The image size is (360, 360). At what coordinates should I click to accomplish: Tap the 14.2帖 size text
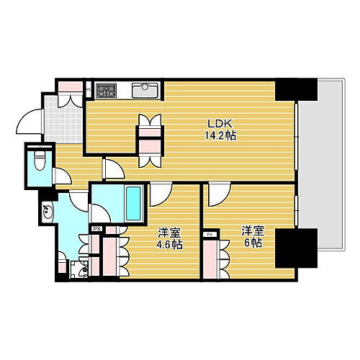click(x=220, y=135)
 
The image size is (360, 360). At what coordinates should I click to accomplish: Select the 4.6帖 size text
click(x=170, y=245)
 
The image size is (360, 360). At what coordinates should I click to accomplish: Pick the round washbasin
click(x=48, y=212)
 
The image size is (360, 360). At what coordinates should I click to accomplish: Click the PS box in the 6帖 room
click(x=210, y=235)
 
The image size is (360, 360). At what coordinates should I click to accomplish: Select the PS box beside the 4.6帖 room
click(x=96, y=230)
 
